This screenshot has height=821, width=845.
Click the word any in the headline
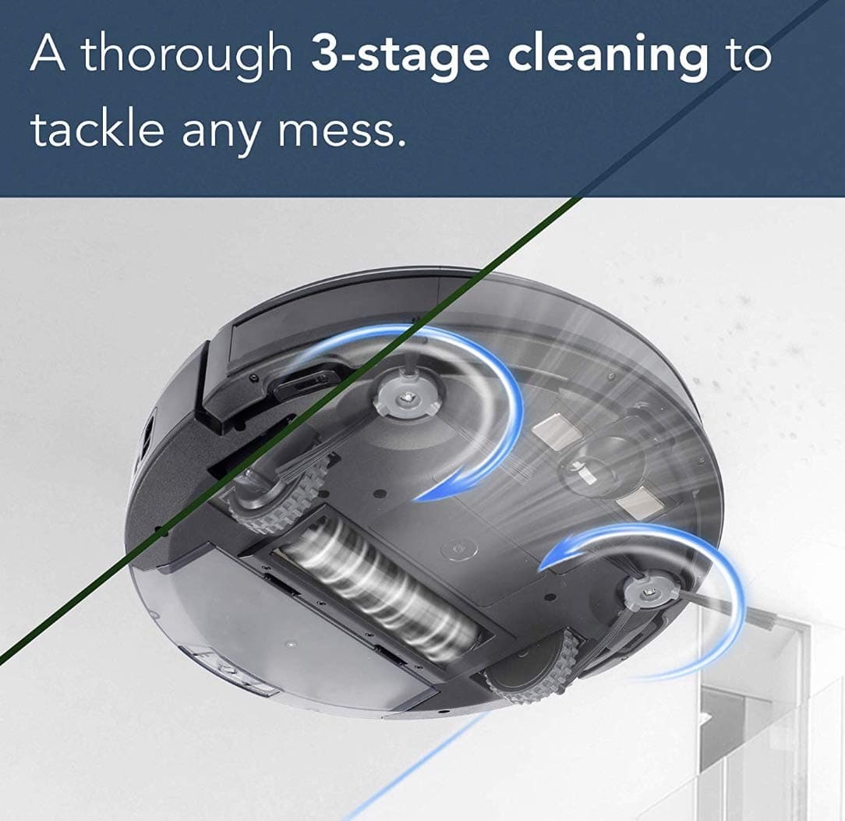click(224, 134)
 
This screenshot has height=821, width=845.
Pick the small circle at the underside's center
click(454, 548)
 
